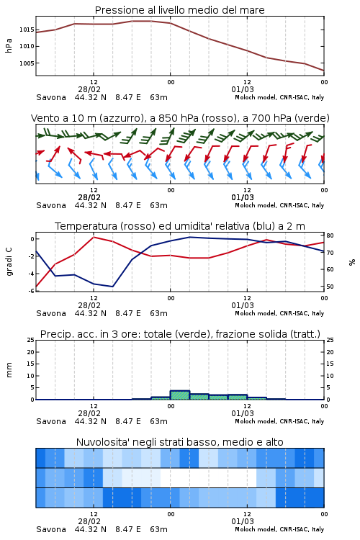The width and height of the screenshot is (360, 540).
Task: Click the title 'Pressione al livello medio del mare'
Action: (179, 10)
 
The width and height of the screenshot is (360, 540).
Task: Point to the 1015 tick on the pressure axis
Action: (27, 30)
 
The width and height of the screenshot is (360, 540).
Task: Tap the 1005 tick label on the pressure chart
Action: (27, 63)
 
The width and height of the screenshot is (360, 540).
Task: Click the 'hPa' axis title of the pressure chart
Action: (9, 46)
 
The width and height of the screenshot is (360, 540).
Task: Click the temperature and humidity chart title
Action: (180, 226)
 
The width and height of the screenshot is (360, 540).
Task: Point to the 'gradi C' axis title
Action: (9, 262)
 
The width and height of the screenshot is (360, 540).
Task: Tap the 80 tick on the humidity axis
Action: (330, 235)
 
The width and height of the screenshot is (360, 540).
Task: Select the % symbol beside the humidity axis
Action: (352, 262)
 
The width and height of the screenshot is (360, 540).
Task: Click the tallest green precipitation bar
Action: (180, 395)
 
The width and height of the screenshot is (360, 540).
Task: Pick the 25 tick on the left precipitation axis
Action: (31, 340)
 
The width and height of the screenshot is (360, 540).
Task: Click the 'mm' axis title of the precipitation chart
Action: (9, 370)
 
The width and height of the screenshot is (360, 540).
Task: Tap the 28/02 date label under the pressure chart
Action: (89, 89)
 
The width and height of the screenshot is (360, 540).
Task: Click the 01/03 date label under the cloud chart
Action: (243, 521)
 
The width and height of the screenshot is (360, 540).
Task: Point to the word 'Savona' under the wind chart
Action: (51, 205)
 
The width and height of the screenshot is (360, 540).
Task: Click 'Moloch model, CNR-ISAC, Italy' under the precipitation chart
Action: (279, 421)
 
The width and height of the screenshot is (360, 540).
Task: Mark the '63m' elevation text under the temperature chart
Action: (159, 313)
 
